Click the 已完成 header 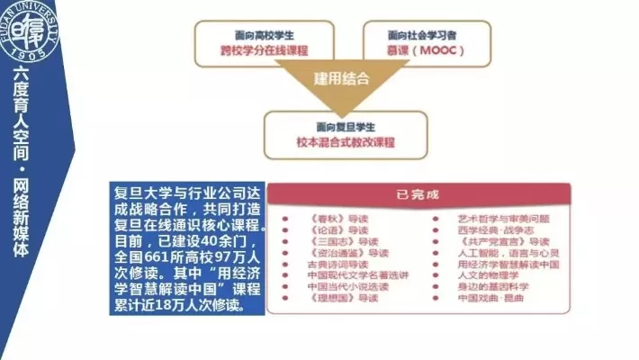coord(418,194)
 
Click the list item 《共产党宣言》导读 coord(503,242)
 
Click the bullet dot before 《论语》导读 coord(284,230)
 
